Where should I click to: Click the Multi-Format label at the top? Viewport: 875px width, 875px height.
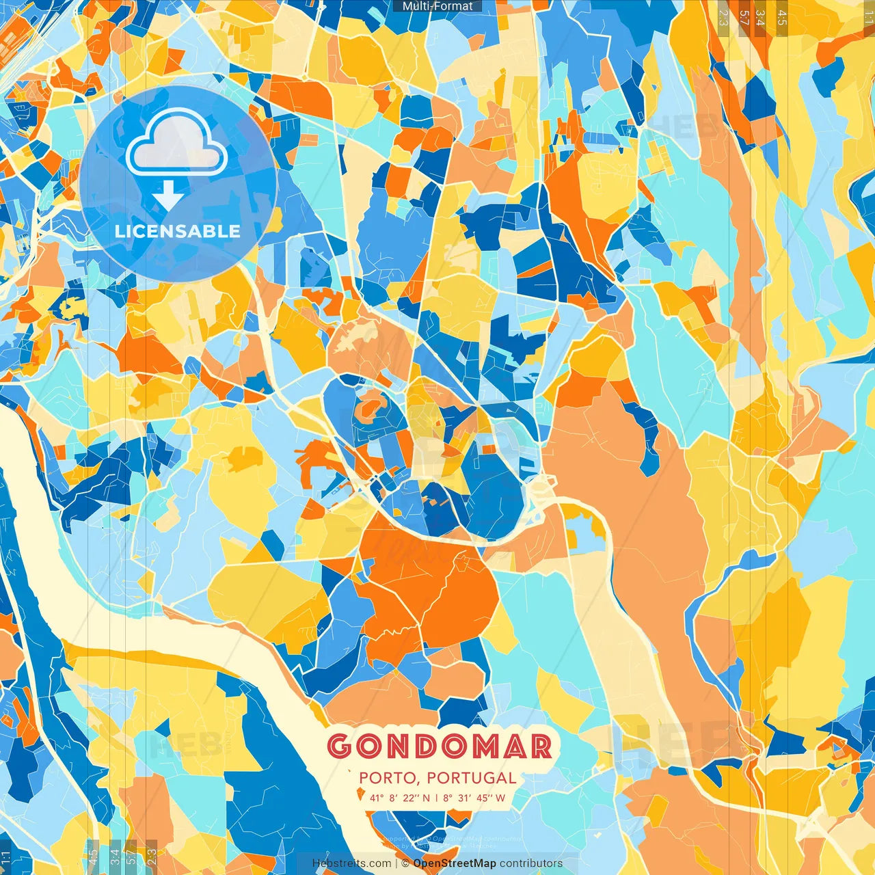[x=437, y=6]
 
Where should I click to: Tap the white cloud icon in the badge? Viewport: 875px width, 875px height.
[x=177, y=144]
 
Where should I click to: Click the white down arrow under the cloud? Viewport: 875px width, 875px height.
[x=167, y=196]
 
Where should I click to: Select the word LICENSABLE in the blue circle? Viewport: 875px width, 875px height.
[x=178, y=231]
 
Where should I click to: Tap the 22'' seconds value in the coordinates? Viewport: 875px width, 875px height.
[x=412, y=798]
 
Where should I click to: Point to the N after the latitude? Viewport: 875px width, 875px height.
[x=427, y=798]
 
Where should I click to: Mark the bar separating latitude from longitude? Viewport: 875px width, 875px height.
[x=436, y=798]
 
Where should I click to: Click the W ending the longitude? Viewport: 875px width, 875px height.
[x=500, y=798]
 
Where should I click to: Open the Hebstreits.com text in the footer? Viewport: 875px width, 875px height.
[x=351, y=863]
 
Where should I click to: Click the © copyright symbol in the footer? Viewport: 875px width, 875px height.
[x=405, y=863]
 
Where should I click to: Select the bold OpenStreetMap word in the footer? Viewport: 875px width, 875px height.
[x=455, y=863]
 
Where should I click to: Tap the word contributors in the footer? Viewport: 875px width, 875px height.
[x=531, y=863]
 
